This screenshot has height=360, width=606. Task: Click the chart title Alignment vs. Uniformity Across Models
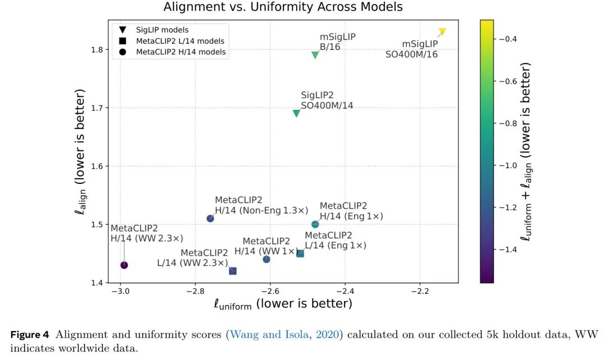(283, 7)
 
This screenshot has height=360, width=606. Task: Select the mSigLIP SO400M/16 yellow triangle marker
(442, 31)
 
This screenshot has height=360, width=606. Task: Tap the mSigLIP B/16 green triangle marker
(315, 55)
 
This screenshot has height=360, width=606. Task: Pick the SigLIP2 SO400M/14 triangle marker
(296, 113)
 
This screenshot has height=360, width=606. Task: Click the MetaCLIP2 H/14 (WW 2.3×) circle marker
(124, 265)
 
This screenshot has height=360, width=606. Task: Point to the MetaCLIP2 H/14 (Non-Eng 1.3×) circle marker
(210, 219)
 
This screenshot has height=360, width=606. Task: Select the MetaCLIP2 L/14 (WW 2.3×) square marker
(233, 271)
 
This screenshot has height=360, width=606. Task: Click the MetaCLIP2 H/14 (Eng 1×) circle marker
(315, 224)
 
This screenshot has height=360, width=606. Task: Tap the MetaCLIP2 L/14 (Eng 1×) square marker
(300, 253)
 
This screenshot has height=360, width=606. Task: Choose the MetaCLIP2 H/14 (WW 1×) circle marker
(267, 259)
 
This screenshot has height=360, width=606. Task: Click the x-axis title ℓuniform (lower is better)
(283, 304)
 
